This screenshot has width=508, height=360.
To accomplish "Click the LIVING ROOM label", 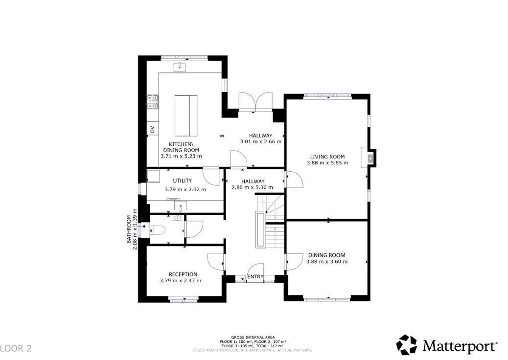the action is (x=327, y=157).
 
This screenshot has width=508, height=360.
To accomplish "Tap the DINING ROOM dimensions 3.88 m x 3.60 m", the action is (x=327, y=262).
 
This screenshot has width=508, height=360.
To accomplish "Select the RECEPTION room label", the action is (x=183, y=274).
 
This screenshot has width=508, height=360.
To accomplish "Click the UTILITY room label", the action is (x=183, y=180).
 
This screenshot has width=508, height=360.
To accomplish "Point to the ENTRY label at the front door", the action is (x=255, y=276).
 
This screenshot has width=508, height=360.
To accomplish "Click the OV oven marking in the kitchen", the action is (x=152, y=129).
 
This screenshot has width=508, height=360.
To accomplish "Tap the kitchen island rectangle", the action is (x=186, y=115).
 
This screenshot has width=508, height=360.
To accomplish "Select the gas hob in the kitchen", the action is (x=153, y=102).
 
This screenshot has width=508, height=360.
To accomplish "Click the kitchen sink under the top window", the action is (x=180, y=67).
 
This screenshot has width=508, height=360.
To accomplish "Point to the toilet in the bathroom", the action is (x=158, y=230).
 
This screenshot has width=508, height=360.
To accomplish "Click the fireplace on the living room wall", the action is (x=369, y=158).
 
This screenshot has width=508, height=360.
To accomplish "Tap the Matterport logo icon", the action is (x=407, y=344).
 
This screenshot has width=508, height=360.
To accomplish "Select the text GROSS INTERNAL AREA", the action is (x=253, y=337).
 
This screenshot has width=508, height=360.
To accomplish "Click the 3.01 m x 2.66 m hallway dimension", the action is (x=260, y=141).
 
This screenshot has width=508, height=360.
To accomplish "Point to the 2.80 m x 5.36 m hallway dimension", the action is (x=253, y=187).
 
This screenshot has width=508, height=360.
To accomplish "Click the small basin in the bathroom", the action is (x=177, y=218).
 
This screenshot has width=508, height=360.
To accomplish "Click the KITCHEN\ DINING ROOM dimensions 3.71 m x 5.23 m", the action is (x=181, y=156).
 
